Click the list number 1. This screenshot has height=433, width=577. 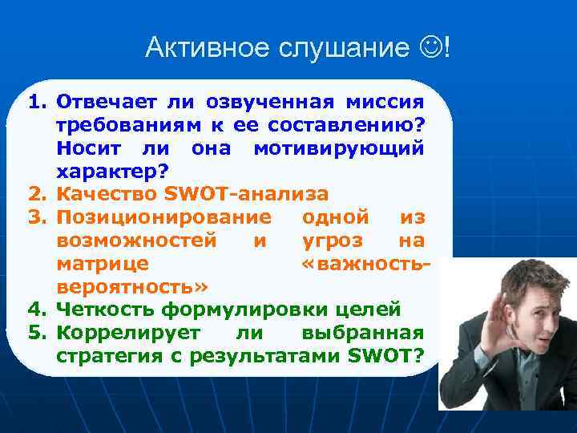(x=37, y=103)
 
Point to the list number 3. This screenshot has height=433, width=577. (x=37, y=216)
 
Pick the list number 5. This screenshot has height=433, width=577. (x=37, y=333)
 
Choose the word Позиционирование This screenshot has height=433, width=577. (x=164, y=216)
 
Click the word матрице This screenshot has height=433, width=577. (x=102, y=263)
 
